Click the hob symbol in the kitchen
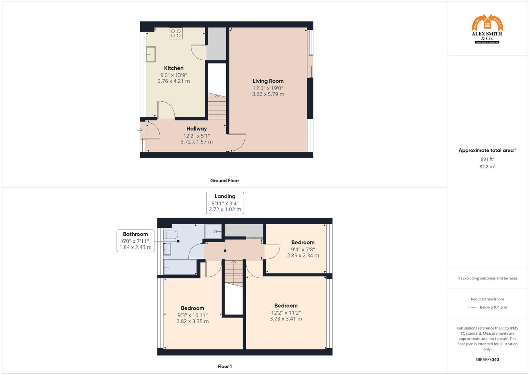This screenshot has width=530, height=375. tap(176, 33)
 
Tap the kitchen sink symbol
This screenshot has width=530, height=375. tap(151, 55)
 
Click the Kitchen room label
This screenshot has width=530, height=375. tap(174, 68)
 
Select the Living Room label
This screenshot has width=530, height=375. tap(268, 81)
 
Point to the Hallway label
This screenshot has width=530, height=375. tap(196, 128)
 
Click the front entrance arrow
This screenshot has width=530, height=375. tap(140, 131)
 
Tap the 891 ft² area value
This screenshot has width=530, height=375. tap(487, 159)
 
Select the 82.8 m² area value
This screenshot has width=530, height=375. tap(487, 167)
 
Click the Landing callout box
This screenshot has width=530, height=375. tap(225, 203)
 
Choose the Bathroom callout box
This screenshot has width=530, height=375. tap(135, 241)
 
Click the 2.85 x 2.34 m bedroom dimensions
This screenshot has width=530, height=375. tap(303, 256)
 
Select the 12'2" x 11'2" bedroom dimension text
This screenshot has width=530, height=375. tap(286, 312)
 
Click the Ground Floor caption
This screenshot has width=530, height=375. tap(225, 181)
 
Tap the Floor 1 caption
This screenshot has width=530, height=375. tap(225, 366)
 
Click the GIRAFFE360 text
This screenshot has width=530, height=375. tap(487, 360)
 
